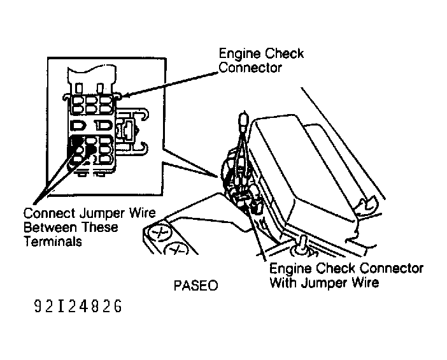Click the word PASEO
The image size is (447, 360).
[195, 285]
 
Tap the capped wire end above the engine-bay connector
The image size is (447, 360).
[242, 118]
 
